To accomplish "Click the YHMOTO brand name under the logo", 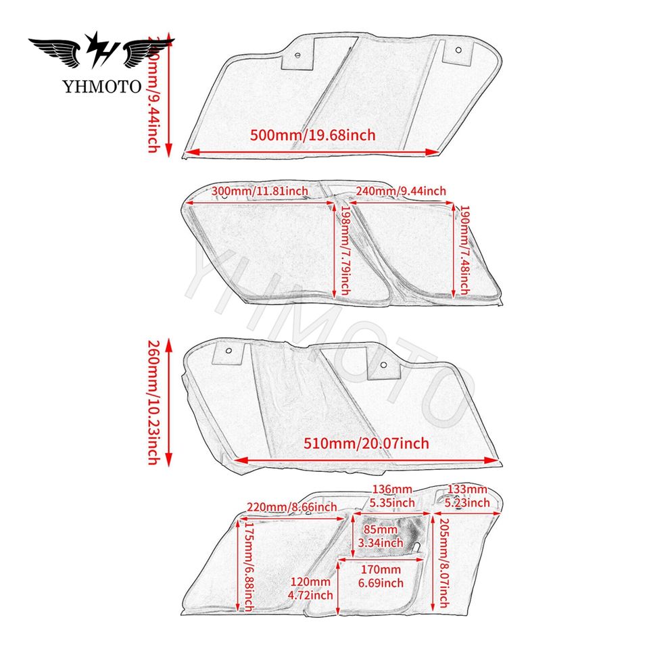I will (x=102, y=86).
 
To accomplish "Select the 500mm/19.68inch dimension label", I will (x=312, y=135).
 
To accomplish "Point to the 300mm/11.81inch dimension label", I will (x=260, y=191).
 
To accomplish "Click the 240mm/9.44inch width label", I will (x=401, y=191).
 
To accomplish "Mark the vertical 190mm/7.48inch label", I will (x=464, y=249).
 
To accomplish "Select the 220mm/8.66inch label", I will (x=291, y=506).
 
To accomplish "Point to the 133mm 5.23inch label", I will (x=467, y=496).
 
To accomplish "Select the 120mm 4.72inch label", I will (x=310, y=588).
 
